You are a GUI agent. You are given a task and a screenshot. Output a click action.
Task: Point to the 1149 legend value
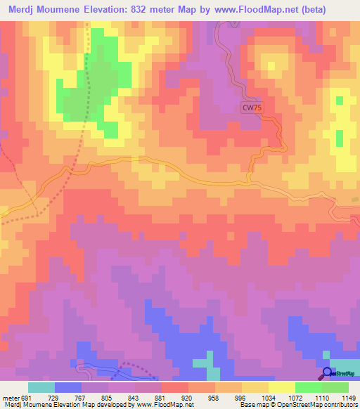pyautogui.click(x=349, y=397)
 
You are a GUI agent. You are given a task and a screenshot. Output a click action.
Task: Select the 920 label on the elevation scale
pyautogui.click(x=188, y=397)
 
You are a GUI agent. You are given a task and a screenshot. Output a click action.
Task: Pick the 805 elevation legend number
pyautogui.click(x=108, y=397)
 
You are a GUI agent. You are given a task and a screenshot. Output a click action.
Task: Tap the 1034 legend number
pyautogui.click(x=269, y=397)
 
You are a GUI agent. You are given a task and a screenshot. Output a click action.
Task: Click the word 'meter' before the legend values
pyautogui.click(x=10, y=397)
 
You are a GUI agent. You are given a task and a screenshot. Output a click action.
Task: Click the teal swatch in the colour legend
pyautogui.click(x=41, y=387)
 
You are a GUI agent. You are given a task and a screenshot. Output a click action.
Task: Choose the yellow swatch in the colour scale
pyautogui.click(x=282, y=387)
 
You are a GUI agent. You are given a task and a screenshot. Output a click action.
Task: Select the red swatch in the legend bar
pyautogui.click(x=174, y=387)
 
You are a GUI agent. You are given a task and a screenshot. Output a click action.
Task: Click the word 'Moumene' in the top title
pyautogui.click(x=67, y=10)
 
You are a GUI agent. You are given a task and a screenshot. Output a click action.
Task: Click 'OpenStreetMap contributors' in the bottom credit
pyautogui.click(x=319, y=405)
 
